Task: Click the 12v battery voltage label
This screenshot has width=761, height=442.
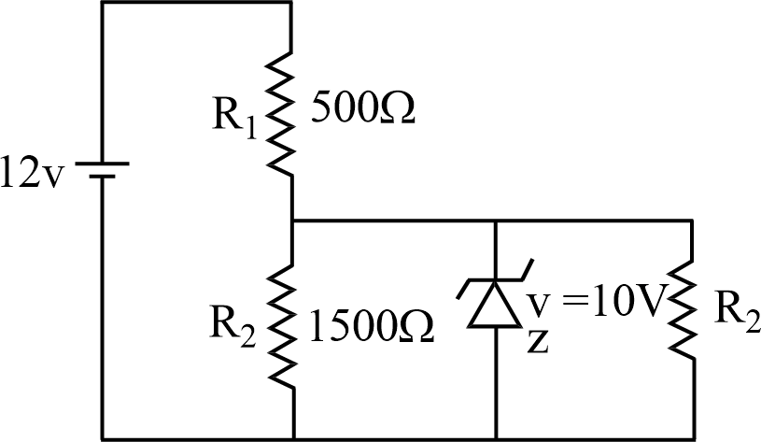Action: click(x=31, y=175)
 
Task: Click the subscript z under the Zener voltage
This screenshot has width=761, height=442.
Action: click(x=537, y=342)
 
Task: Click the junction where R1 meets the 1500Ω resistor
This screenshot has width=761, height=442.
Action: click(x=292, y=221)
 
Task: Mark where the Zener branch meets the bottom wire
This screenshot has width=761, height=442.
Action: click(x=493, y=437)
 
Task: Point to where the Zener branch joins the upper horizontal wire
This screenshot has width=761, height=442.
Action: click(x=493, y=221)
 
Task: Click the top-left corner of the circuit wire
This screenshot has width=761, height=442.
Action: click(x=101, y=4)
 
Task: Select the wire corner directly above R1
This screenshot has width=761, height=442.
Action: click(x=292, y=4)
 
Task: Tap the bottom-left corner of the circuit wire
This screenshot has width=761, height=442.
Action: click(x=101, y=437)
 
